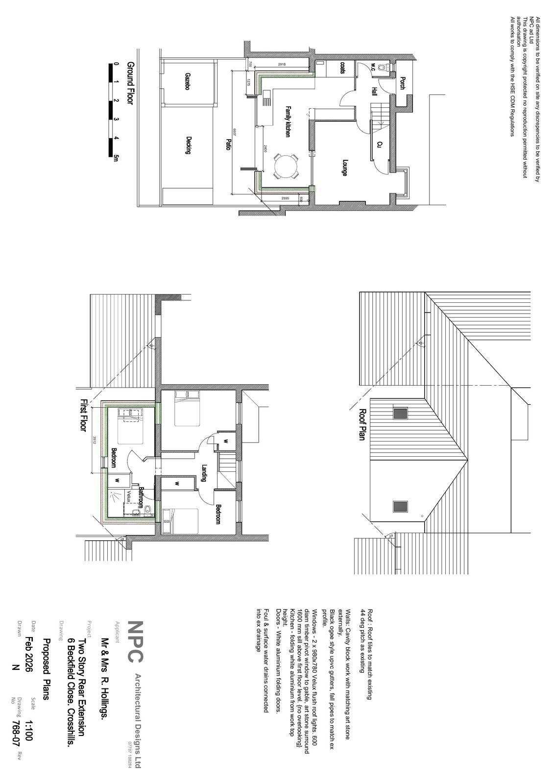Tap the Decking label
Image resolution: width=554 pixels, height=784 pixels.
click(188, 145)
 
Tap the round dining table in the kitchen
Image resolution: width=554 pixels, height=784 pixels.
click(285, 168)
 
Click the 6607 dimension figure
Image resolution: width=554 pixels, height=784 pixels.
click(235, 132)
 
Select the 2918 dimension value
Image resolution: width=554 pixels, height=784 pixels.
click(282, 64)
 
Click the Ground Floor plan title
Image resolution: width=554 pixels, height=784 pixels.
click(130, 83)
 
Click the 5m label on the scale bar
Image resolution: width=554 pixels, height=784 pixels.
click(116, 157)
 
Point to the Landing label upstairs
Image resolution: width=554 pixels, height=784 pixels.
click(204, 473)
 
